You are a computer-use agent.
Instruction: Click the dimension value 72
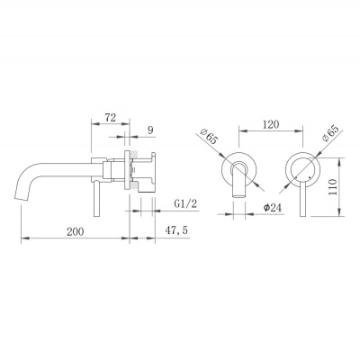click(x=110, y=117)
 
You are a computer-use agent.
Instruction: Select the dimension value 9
click(x=150, y=130)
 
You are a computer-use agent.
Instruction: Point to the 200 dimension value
click(x=76, y=231)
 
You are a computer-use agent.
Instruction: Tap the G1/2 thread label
click(x=185, y=204)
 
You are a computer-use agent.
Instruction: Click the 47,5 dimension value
click(x=176, y=230)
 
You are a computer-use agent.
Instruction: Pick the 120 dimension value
click(x=270, y=124)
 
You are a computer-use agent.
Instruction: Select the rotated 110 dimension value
click(x=333, y=186)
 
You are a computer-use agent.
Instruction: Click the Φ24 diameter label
click(x=273, y=207)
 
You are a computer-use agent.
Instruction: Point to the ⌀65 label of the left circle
click(x=209, y=136)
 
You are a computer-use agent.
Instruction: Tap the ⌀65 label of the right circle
click(x=329, y=133)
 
